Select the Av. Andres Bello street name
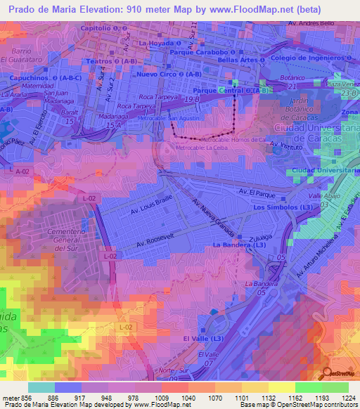tap(311, 23)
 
